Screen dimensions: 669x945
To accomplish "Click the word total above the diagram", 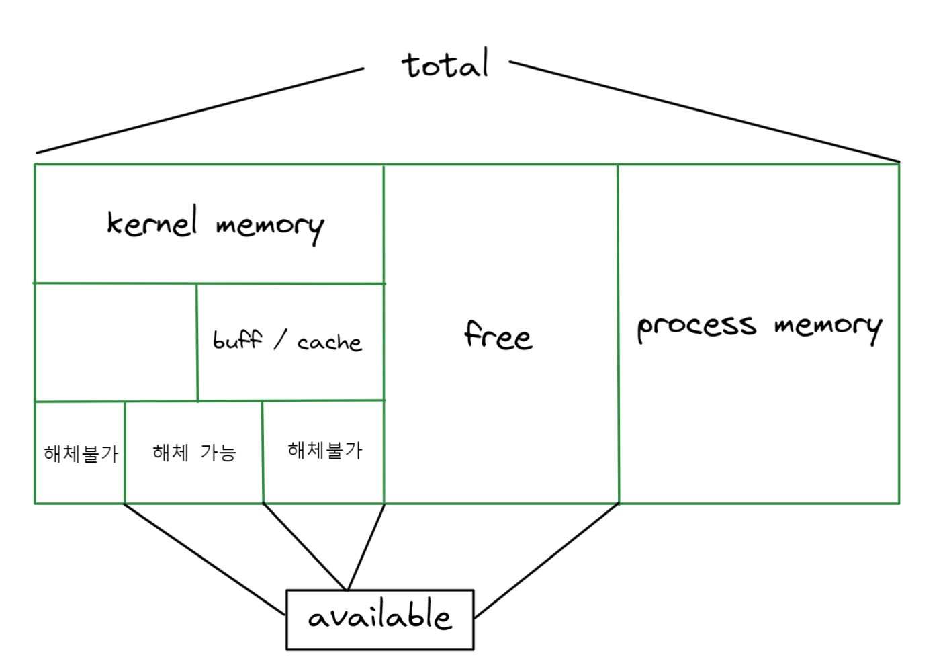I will pos(445,64).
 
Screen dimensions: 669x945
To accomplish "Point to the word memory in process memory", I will pos(827,327).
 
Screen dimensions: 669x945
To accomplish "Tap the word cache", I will pos(329,343).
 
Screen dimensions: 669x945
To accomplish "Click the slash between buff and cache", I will pos(280,339).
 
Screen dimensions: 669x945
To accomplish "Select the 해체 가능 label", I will pos(194,453).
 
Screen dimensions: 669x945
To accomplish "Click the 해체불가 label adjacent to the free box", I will pos(324,450).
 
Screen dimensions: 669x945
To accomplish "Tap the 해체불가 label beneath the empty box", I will pos(81,454).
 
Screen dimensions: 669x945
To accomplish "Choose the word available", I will pos(379,617).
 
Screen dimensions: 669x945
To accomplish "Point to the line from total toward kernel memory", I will pos(201,111).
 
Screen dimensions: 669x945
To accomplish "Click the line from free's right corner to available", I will pos(545,562).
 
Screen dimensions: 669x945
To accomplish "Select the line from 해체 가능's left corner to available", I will pos(205,560).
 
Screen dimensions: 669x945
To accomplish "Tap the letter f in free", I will pos(474,333).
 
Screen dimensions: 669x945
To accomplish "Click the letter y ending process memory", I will pos(874,330).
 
